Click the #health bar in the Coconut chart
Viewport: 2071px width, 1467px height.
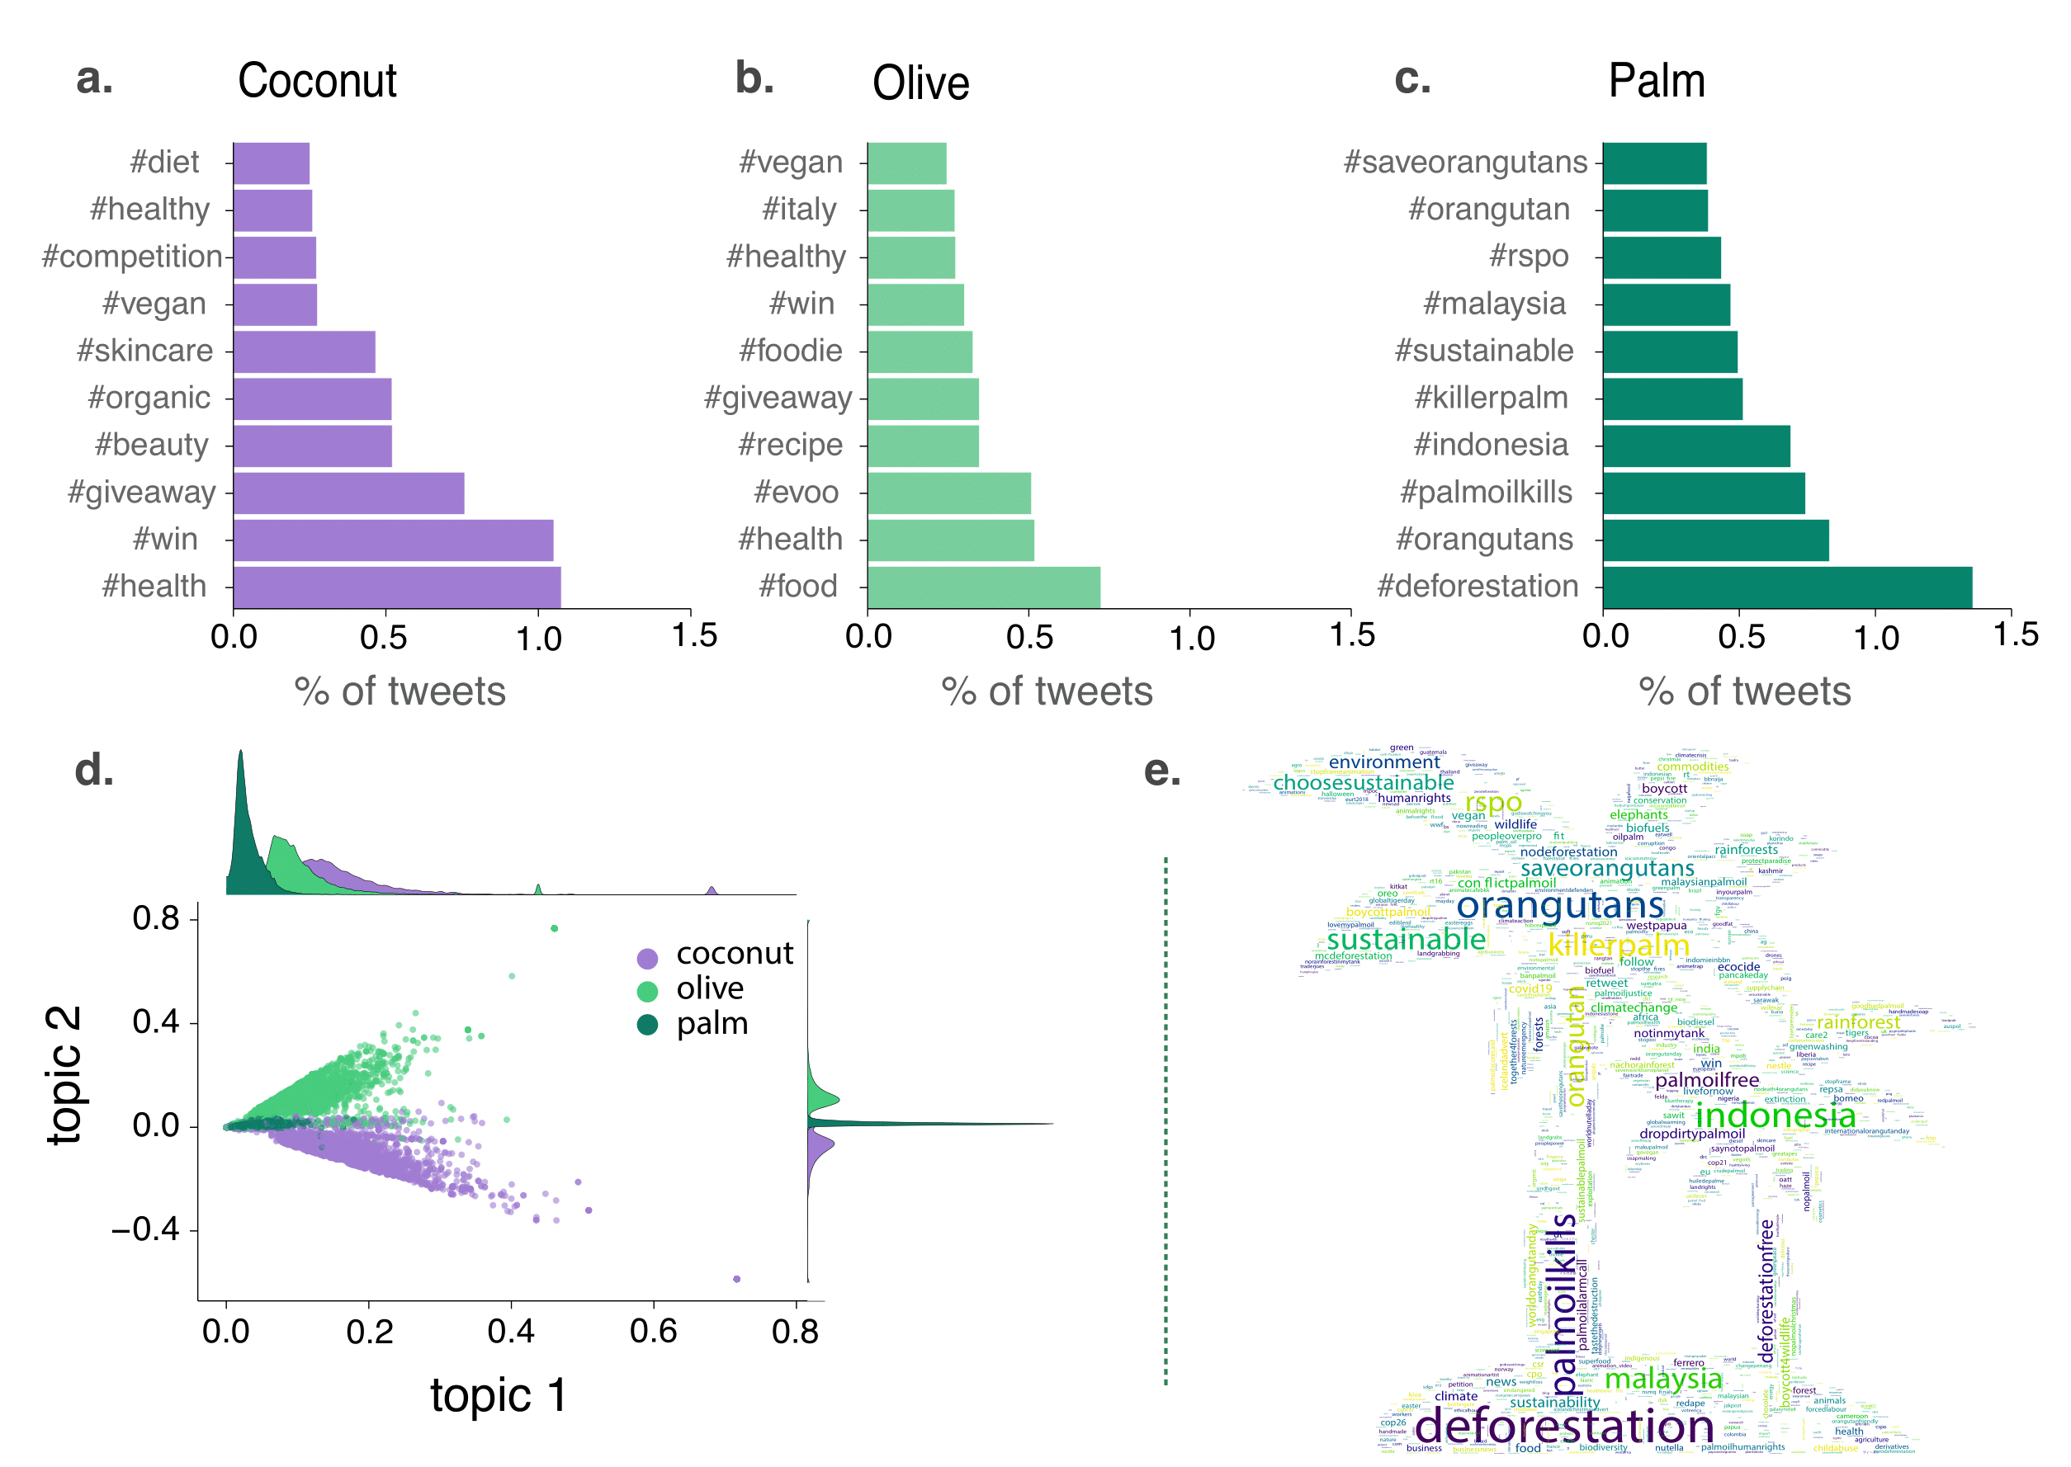tap(397, 587)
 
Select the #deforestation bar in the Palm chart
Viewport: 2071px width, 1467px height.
tap(1786, 587)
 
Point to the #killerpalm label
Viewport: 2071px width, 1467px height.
tap(1491, 398)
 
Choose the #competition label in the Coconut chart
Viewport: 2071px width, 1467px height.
tap(132, 257)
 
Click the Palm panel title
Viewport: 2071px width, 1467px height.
tap(1657, 82)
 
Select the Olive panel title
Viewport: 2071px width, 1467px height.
tap(920, 83)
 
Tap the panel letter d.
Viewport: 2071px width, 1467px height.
tap(94, 771)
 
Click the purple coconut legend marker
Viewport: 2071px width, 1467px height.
tap(647, 959)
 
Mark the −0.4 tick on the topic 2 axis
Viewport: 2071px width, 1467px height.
tap(144, 1229)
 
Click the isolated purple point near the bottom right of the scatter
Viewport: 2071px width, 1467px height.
tap(736, 1279)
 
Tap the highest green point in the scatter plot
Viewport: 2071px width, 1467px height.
tap(555, 928)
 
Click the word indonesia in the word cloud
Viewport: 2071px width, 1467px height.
tap(1775, 1116)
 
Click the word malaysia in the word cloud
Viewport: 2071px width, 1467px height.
tap(1662, 1380)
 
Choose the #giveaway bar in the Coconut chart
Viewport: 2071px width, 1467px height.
tap(349, 493)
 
